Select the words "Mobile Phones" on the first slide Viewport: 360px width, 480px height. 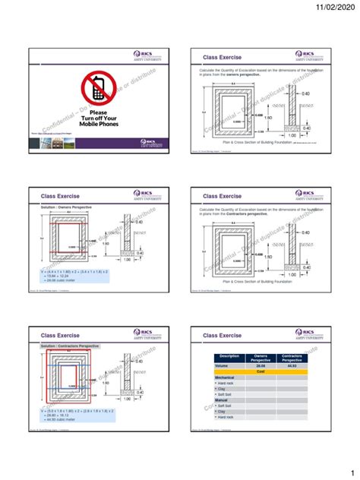tap(98, 125)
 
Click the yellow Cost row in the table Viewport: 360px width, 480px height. tap(261, 371)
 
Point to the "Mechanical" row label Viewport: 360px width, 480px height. tap(226, 377)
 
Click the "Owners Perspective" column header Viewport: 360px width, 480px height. tap(261, 356)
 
